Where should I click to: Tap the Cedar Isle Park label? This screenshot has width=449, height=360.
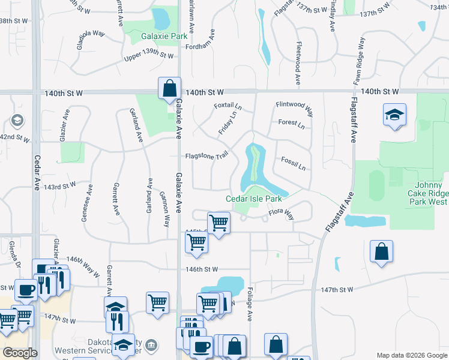click(x=254, y=199)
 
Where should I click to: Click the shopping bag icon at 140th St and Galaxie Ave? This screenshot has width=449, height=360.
click(x=169, y=88)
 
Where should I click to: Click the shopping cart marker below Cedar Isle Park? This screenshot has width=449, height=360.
click(x=218, y=223)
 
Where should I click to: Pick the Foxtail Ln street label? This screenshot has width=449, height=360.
click(x=228, y=106)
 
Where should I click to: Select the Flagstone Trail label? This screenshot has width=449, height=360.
click(x=207, y=155)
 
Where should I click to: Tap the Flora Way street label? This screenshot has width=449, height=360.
click(x=281, y=212)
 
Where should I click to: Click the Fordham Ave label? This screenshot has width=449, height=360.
click(x=200, y=47)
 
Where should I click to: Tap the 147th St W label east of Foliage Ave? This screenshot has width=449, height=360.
click(x=337, y=290)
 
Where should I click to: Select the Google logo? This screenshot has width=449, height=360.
click(x=20, y=353)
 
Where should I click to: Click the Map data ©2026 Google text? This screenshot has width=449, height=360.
click(x=412, y=355)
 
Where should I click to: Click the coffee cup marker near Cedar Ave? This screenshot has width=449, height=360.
click(x=26, y=290)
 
